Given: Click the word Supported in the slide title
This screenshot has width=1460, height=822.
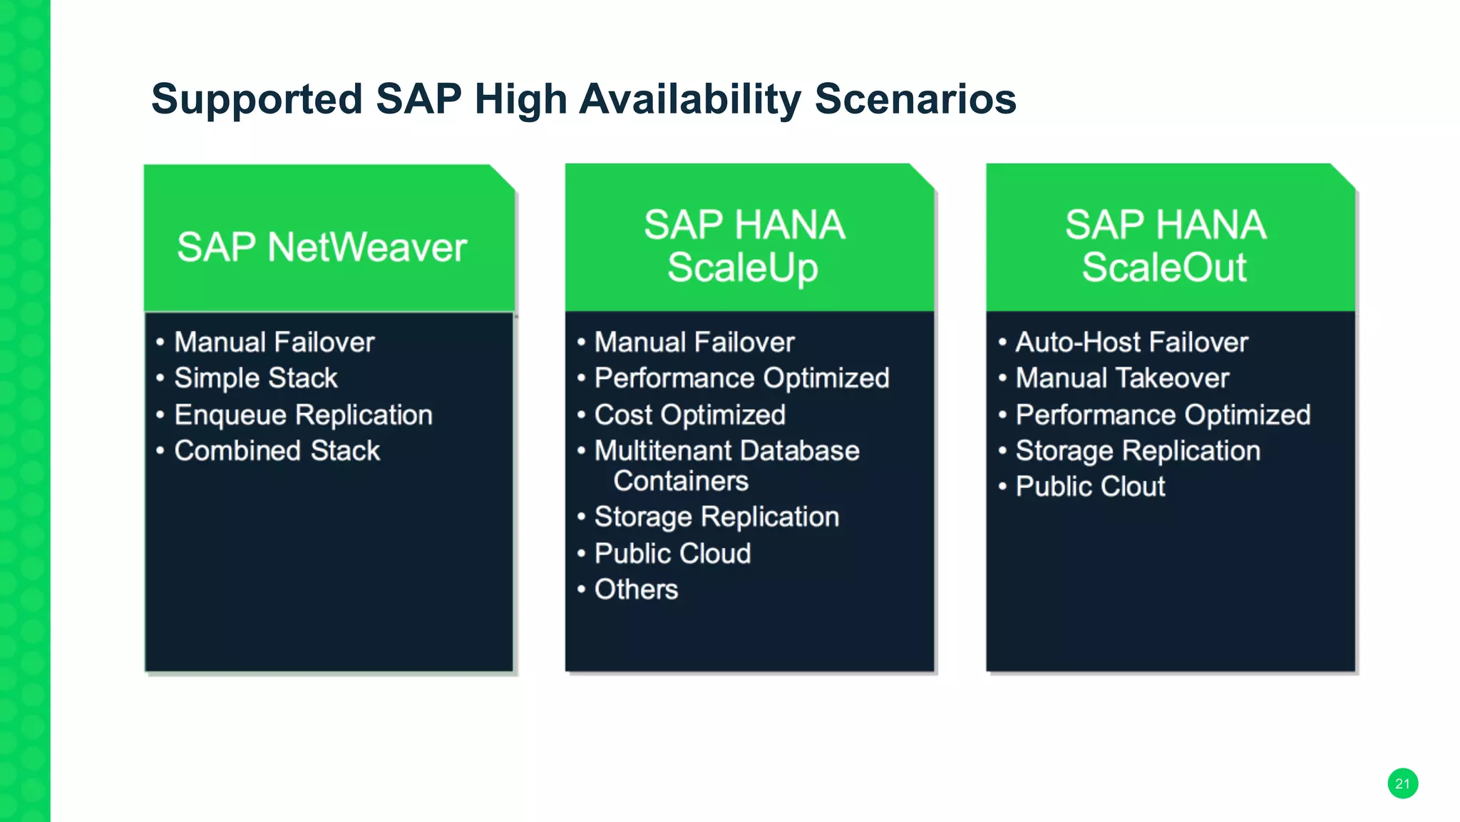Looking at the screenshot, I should tap(257, 99).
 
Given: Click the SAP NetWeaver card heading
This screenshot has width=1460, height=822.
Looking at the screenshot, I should tap(322, 248).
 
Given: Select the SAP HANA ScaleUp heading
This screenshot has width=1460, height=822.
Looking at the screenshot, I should tap(744, 246).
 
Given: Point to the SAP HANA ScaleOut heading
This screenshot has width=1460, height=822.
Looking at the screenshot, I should tap(1165, 246).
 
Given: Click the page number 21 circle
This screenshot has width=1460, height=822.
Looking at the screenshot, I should tap(1402, 783).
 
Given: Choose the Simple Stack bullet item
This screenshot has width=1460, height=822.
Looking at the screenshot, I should tap(256, 378).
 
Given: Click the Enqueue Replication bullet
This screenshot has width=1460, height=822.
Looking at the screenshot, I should tap(303, 415).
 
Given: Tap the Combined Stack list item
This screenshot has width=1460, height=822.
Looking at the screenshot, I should tap(277, 451).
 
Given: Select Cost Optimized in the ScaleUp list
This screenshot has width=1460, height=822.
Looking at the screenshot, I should tap(689, 415).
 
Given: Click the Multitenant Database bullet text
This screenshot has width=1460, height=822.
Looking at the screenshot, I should tap(726, 451).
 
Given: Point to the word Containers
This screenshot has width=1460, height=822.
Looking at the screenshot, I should tap(681, 481).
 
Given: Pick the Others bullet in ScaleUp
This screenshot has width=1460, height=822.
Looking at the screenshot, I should tap(636, 589).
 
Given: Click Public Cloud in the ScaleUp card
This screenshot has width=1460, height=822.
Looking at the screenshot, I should tap(672, 554).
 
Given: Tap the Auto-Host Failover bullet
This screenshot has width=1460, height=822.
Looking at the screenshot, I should tap(1131, 342).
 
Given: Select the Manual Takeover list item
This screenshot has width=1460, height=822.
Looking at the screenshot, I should tap(1122, 378).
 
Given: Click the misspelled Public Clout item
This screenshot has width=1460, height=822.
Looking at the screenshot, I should tap(1090, 487).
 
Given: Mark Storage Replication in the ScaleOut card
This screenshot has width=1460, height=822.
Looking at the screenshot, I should tap(1138, 451).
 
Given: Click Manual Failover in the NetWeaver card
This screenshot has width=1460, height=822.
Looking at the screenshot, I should tap(274, 342).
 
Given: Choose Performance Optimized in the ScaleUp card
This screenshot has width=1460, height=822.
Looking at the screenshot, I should tap(741, 378).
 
